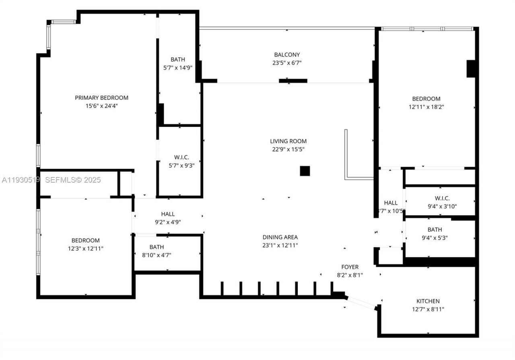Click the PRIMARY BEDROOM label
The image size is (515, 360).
(x=101, y=97)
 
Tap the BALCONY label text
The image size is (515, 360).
(x=287, y=54)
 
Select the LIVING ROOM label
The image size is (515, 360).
(x=288, y=141)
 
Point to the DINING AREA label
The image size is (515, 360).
(x=280, y=237)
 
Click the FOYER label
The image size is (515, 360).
(x=350, y=267)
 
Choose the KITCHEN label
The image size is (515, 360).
(x=428, y=301)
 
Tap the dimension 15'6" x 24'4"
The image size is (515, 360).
(x=101, y=106)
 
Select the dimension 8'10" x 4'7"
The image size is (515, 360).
(x=157, y=254)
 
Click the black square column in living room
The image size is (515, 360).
(x=305, y=171)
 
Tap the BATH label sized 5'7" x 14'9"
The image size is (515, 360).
(x=178, y=60)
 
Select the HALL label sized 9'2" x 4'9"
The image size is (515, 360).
(x=168, y=214)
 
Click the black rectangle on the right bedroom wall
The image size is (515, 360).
(x=470, y=68)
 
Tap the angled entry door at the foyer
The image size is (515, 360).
(x=361, y=303)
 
